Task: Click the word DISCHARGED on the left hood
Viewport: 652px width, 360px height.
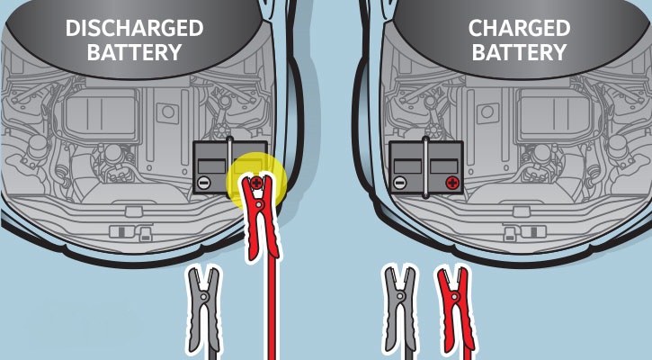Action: pyautogui.click(x=134, y=28)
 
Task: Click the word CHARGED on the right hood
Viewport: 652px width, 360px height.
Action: pyautogui.click(x=520, y=28)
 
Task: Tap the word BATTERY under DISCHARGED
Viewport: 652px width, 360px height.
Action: pyautogui.click(x=134, y=52)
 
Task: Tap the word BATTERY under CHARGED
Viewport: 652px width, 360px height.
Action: pyautogui.click(x=520, y=52)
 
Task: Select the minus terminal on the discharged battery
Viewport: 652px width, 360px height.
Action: pyautogui.click(x=204, y=183)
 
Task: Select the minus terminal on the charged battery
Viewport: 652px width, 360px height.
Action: pyautogui.click(x=399, y=183)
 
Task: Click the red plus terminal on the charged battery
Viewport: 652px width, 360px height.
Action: pyautogui.click(x=452, y=183)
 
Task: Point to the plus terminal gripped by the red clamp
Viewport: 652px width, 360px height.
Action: pyautogui.click(x=257, y=182)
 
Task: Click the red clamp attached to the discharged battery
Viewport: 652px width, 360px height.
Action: pyautogui.click(x=260, y=217)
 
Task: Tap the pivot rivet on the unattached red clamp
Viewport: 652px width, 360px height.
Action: pyautogui.click(x=454, y=297)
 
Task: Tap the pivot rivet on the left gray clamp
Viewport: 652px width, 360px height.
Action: pyautogui.click(x=203, y=297)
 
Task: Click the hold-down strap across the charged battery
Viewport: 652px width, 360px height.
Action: pyautogui.click(x=425, y=166)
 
